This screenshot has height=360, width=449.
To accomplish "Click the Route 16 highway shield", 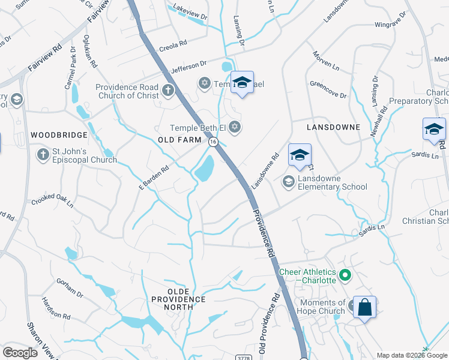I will tap(213, 141).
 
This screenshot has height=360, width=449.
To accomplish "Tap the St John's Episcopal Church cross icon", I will tap(43, 155).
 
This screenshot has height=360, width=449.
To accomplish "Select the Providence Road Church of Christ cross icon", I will tap(167, 92).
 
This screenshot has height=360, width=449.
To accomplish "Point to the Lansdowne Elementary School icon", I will tap(289, 182).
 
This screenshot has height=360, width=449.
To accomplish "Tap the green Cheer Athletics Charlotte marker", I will tap(345, 276).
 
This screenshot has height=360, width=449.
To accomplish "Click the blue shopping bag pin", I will tap(364, 308).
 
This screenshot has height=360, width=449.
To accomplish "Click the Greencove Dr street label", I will tap(328, 89).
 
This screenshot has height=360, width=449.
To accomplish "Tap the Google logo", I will tap(20, 353).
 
